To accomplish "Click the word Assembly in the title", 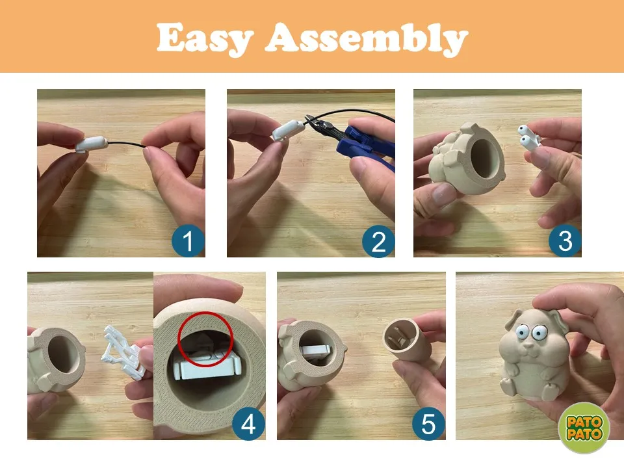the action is [x=367, y=38].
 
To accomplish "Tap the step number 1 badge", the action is [x=188, y=241].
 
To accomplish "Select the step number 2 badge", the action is [x=378, y=242].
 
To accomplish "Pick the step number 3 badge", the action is [x=565, y=241].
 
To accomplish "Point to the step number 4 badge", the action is [x=248, y=424].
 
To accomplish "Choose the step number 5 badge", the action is [x=428, y=424].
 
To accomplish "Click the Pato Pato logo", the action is [x=584, y=428].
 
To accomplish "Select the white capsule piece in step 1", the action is [x=91, y=144].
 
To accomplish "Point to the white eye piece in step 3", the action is [x=528, y=137].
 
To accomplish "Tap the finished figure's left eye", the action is [x=522, y=331].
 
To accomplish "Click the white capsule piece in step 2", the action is [x=288, y=130].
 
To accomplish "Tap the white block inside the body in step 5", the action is [x=316, y=351].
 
